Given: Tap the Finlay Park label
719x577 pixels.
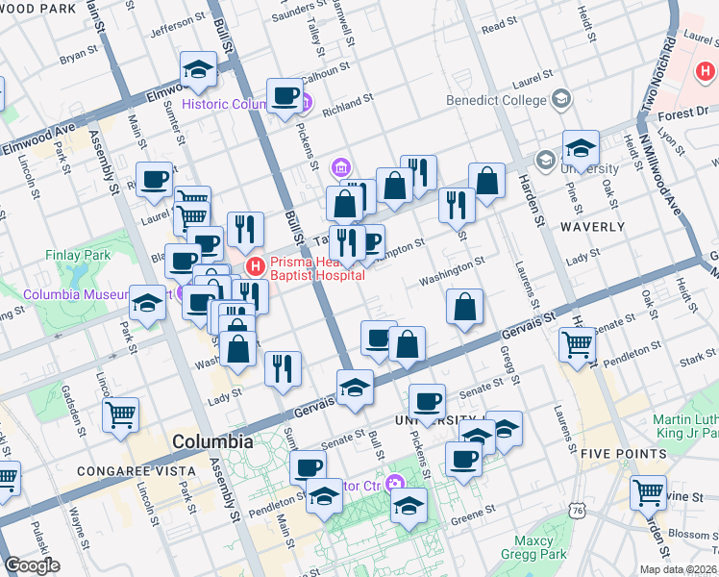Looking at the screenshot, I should (79, 256).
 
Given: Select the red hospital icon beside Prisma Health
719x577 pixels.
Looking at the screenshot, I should (255, 265).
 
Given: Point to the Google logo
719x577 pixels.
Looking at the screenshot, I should (31, 565).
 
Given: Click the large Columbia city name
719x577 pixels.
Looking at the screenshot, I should (212, 442).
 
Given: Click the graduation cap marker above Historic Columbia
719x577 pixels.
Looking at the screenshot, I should (198, 69).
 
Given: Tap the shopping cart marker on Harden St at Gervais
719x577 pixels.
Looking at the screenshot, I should (577, 343).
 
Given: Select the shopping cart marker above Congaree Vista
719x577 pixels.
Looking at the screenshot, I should (121, 415).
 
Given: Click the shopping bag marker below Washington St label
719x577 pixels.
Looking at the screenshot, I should (464, 307).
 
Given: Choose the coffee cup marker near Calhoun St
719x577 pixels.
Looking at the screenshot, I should (285, 95).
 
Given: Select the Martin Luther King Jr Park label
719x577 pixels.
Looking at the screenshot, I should (684, 427).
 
